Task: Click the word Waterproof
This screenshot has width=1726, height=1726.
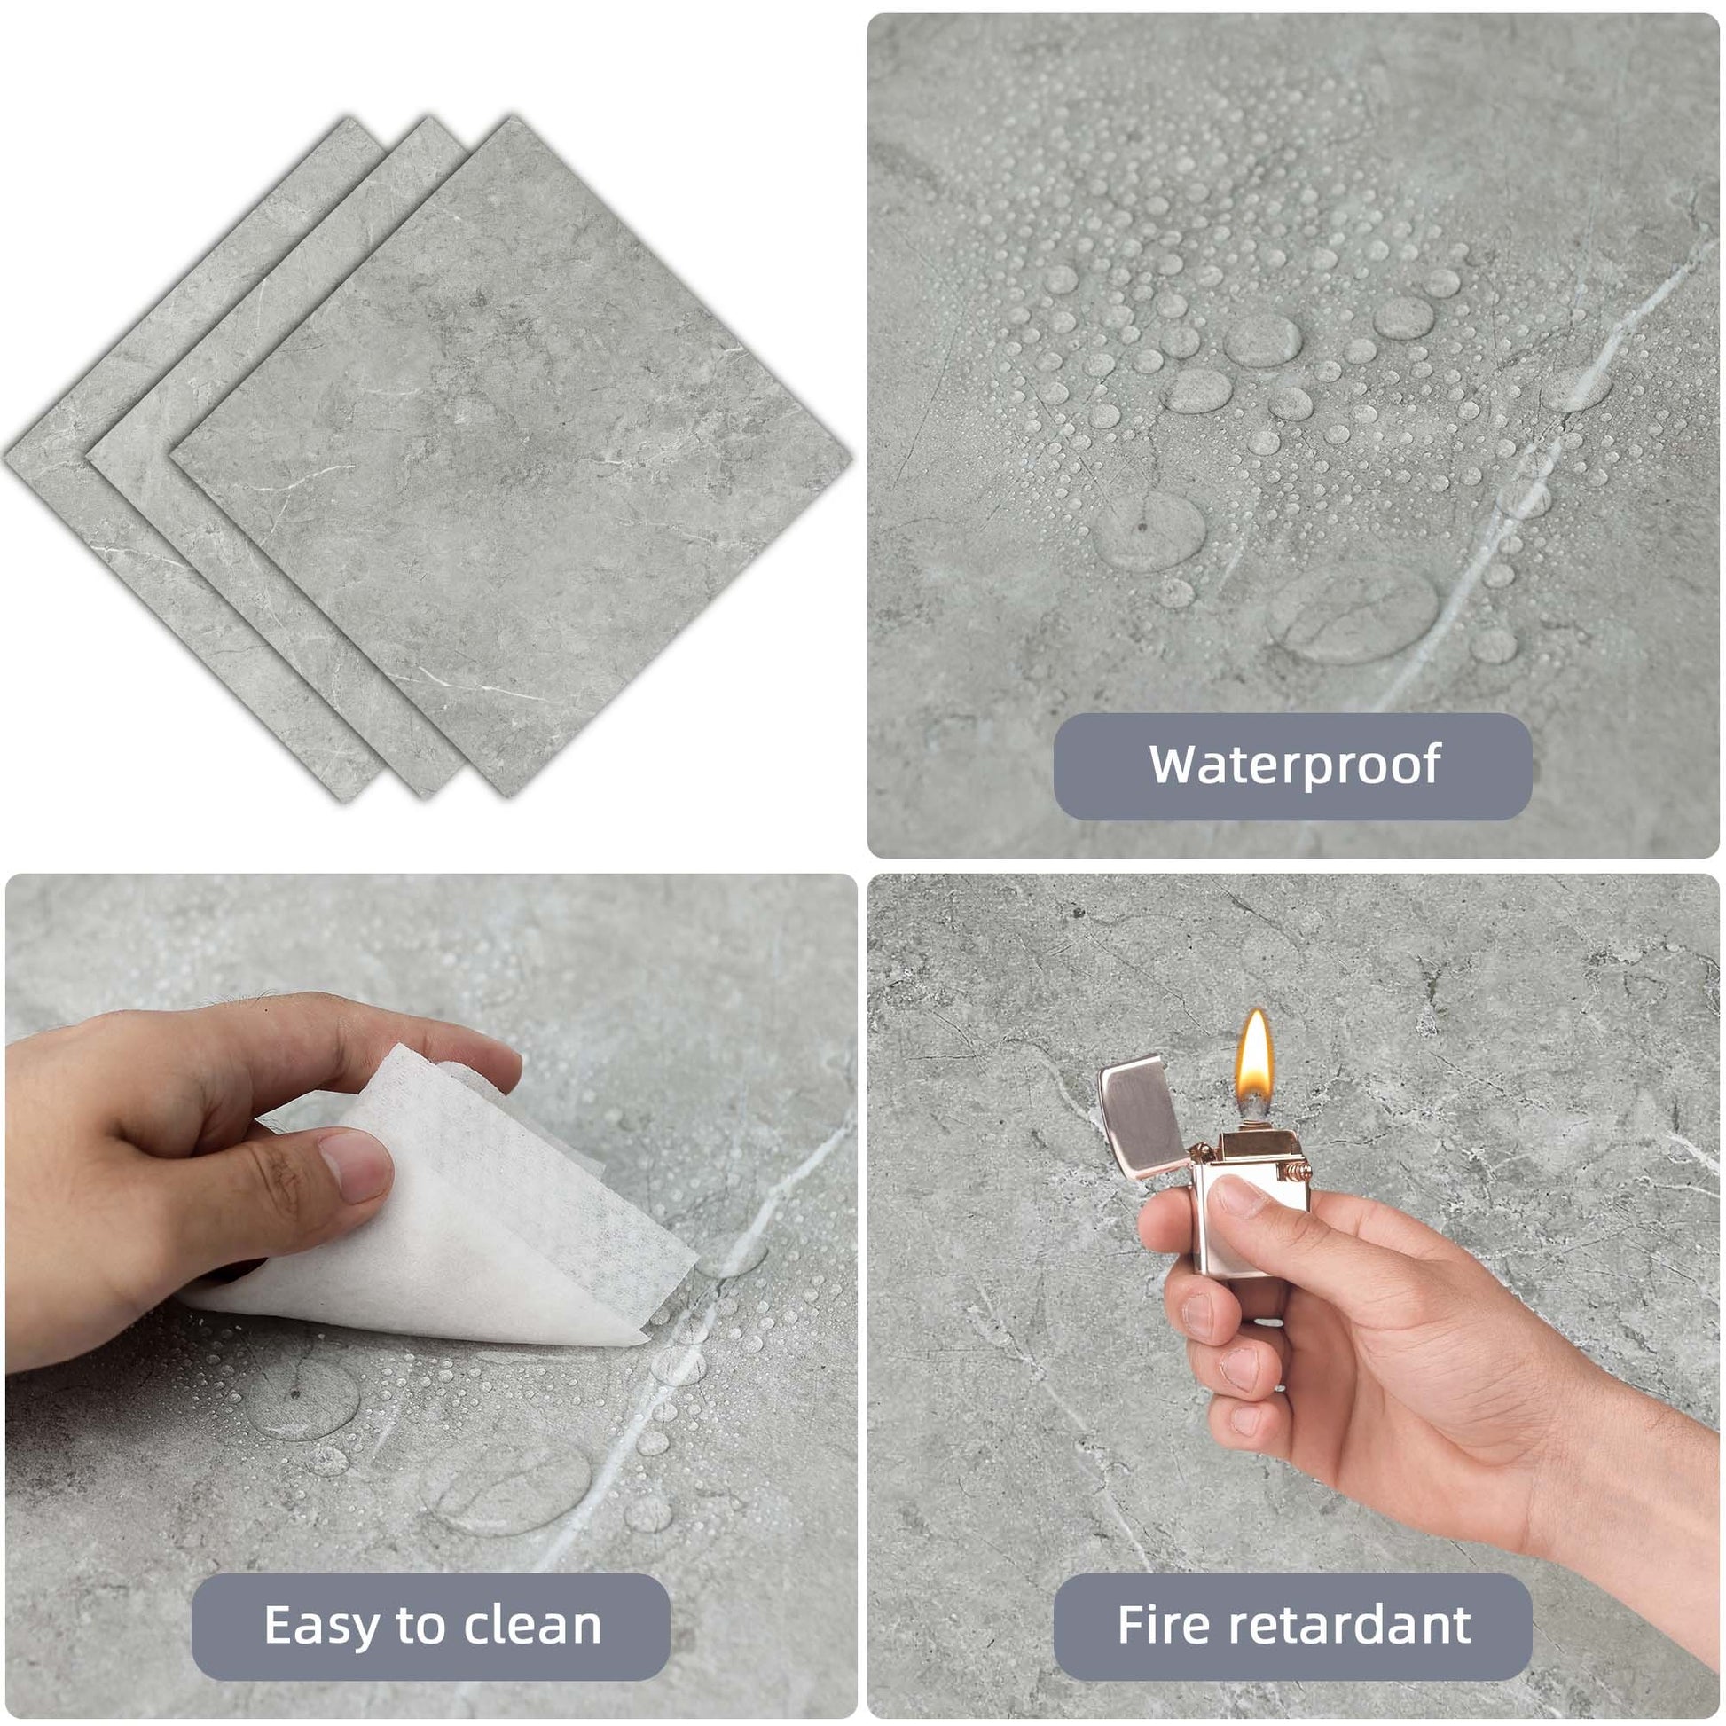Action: coord(1295,765)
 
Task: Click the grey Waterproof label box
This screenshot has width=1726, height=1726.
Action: coord(1292,766)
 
